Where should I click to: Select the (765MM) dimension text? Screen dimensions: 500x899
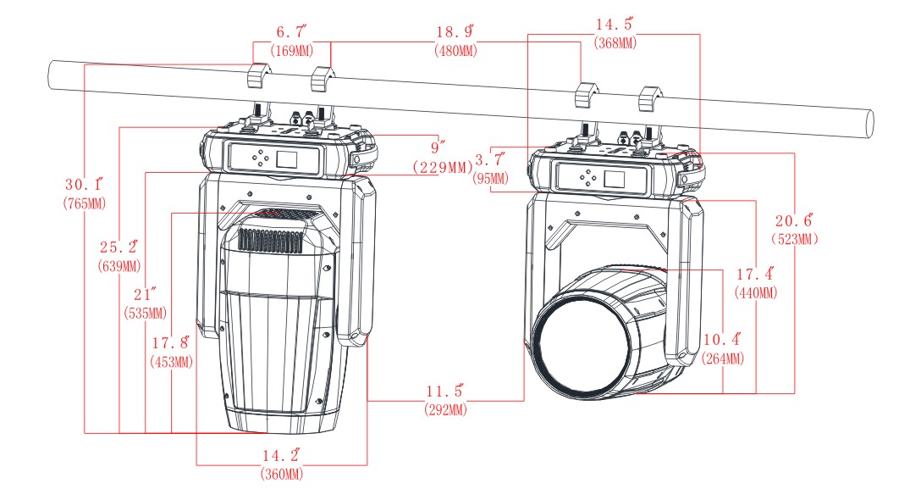(84, 203)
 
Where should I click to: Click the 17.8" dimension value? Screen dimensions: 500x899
(171, 344)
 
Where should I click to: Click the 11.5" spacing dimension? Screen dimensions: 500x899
(445, 392)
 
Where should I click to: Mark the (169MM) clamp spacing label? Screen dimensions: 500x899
(291, 50)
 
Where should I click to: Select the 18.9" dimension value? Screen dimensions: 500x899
(455, 32)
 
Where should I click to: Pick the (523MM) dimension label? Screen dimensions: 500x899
(795, 239)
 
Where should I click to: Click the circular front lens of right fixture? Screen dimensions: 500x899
(583, 345)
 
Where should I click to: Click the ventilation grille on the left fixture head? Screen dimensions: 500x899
(271, 240)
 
